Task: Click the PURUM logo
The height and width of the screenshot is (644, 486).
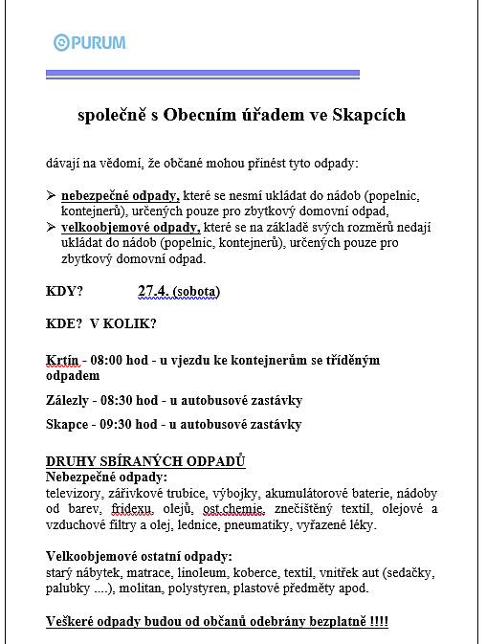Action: point(90,42)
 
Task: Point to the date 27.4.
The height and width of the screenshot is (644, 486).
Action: point(153,291)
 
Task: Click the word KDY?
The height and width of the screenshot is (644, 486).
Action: point(64,291)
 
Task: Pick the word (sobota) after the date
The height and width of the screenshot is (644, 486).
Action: point(197,291)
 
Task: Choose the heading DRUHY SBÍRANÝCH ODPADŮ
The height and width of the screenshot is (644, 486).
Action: point(145,461)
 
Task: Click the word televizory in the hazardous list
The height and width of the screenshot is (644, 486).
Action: point(74,493)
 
